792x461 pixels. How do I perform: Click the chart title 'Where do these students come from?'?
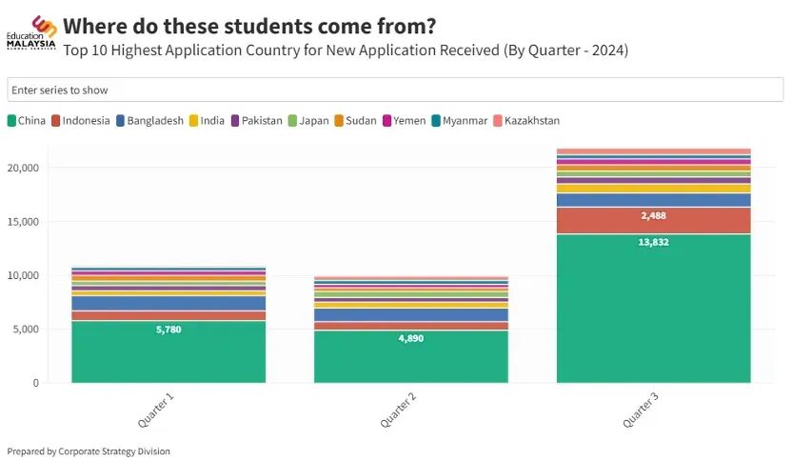tap(250, 26)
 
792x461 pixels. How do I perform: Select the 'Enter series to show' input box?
tap(395, 90)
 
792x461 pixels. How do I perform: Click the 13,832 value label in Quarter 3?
tap(653, 243)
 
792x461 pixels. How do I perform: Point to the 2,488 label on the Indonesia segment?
tap(653, 216)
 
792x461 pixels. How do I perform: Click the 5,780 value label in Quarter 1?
tap(168, 330)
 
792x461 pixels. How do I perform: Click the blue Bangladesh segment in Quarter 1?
tap(168, 303)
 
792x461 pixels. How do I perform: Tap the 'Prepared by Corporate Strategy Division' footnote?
tap(89, 451)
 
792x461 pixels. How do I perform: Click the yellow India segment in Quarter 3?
tap(653, 189)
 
